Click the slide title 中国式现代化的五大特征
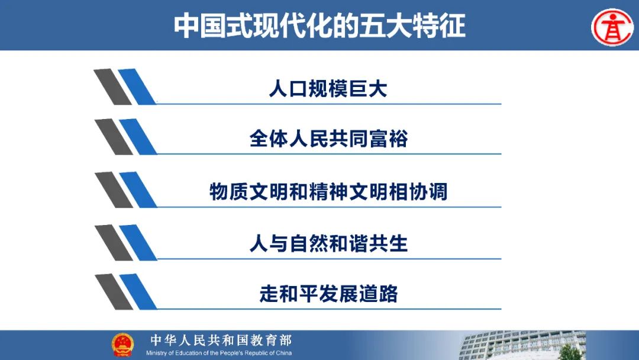click(x=319, y=25)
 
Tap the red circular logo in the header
click(x=612, y=27)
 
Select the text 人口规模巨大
click(x=328, y=88)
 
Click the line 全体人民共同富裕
click(x=328, y=139)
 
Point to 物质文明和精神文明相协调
click(x=328, y=192)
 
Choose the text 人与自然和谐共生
click(x=328, y=243)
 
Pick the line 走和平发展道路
click(x=328, y=294)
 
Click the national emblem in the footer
click(x=122, y=345)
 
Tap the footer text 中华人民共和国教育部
click(x=221, y=340)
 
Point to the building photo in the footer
click(x=522, y=345)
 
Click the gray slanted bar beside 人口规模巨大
click(x=113, y=86)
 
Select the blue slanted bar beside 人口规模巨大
click(x=137, y=86)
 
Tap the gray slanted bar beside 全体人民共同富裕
click(x=114, y=137)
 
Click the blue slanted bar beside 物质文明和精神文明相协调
click(x=138, y=189)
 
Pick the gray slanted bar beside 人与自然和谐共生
click(x=114, y=243)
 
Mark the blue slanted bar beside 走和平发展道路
click(x=138, y=291)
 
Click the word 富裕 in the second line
click(x=388, y=139)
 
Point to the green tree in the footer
click(x=570, y=353)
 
